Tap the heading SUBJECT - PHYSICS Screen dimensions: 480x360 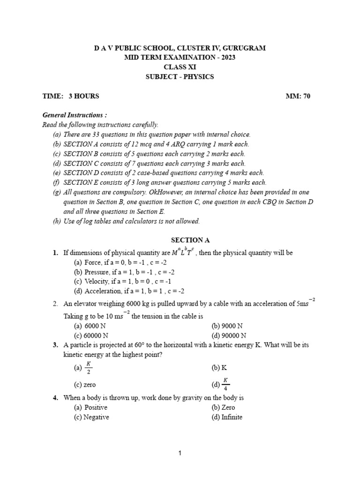[180, 76]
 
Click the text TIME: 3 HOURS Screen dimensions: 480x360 [71, 96]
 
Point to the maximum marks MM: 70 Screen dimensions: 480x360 [298, 96]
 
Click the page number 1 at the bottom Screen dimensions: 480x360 [180, 453]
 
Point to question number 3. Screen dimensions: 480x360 [56, 345]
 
